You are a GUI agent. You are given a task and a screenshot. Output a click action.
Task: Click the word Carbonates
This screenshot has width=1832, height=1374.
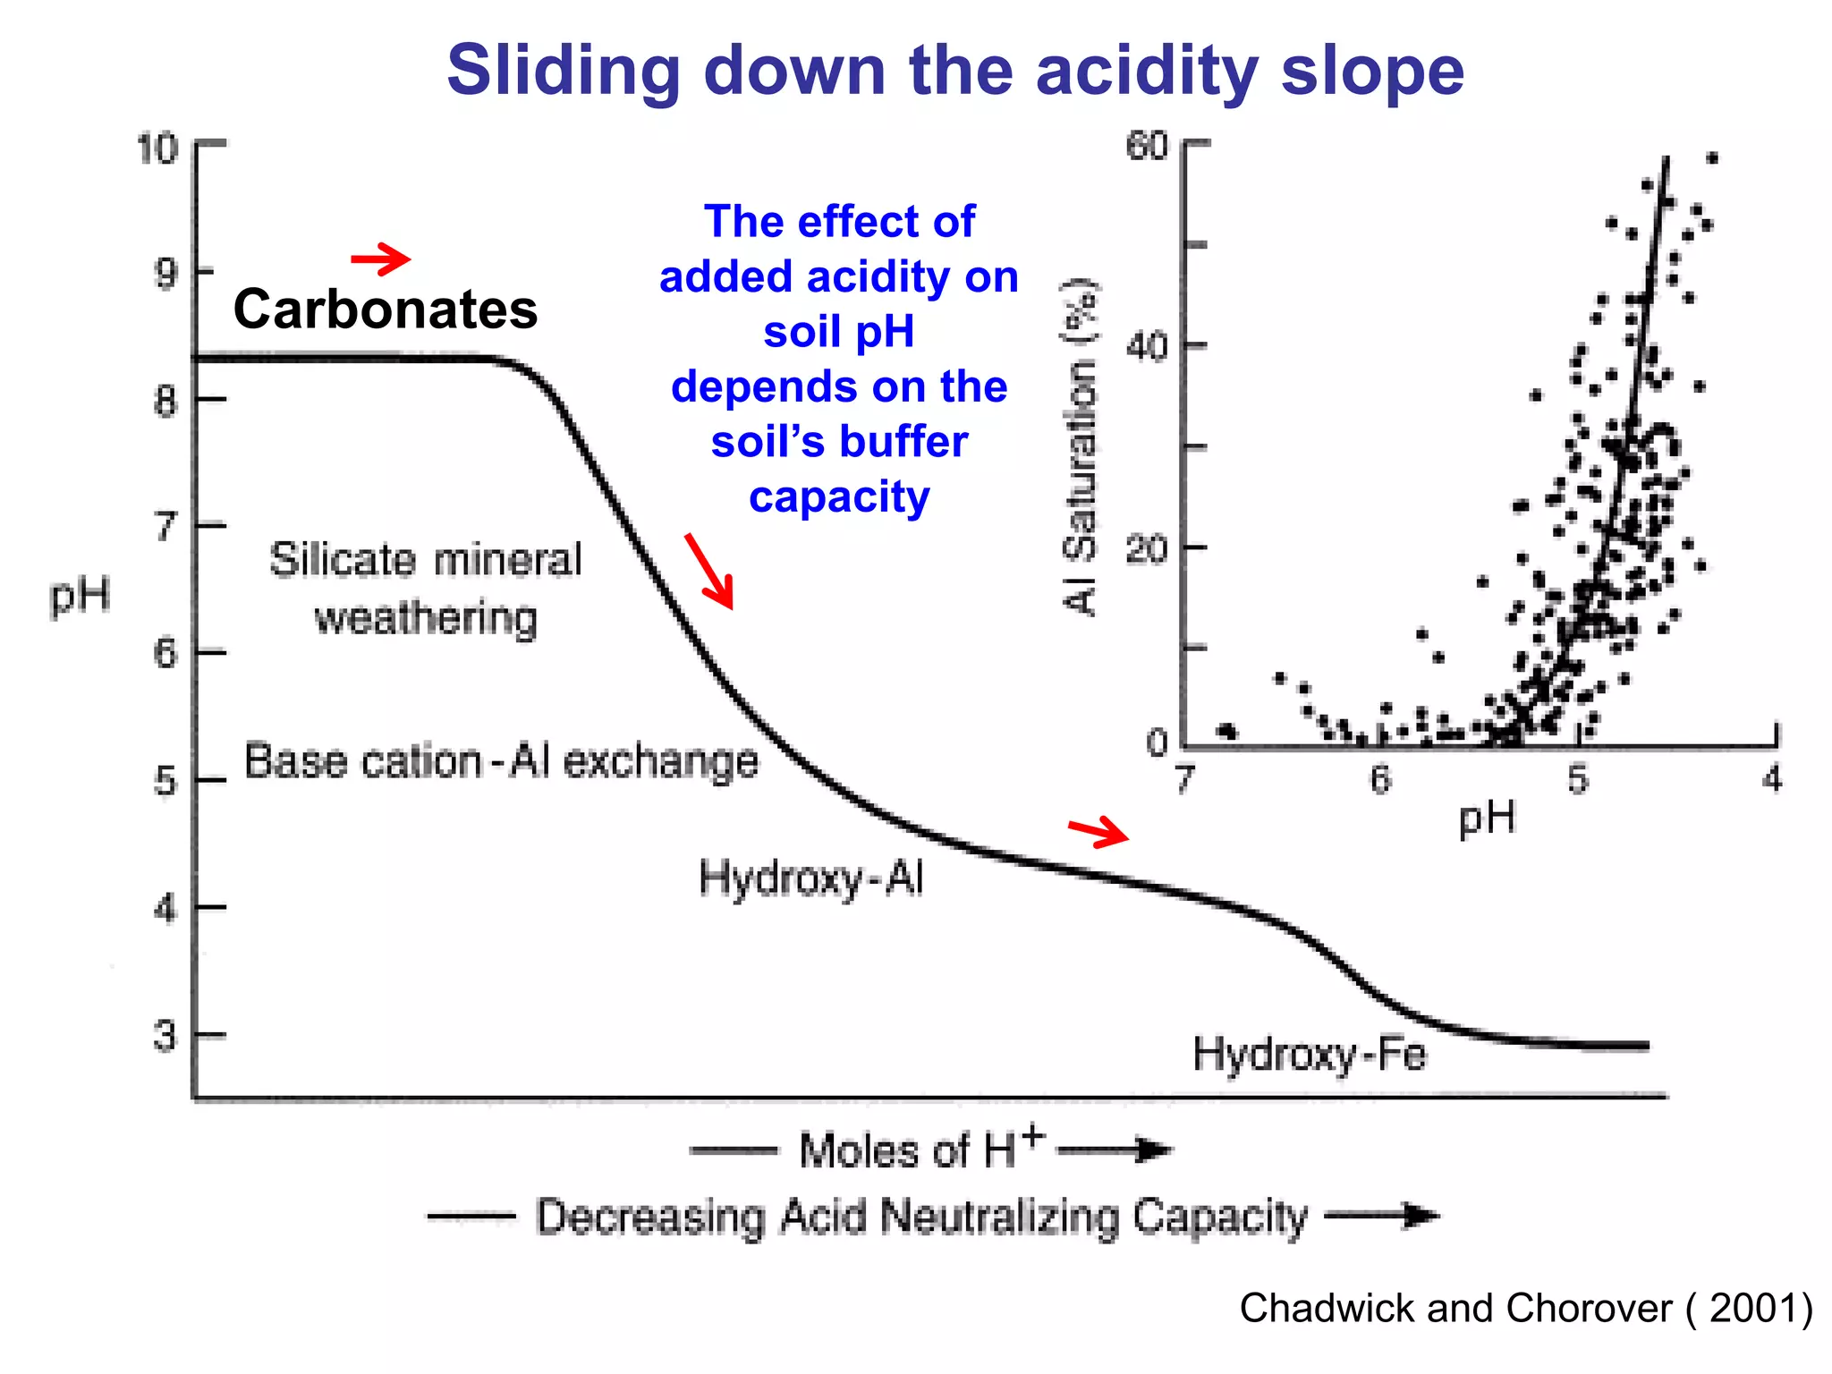pyautogui.click(x=386, y=310)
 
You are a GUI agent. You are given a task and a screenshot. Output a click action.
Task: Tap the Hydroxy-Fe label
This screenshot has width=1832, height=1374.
pyautogui.click(x=1309, y=1054)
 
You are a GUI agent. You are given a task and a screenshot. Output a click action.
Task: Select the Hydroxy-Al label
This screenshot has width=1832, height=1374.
pyautogui.click(x=810, y=878)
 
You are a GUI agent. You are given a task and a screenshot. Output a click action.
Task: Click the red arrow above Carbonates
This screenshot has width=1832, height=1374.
pyautogui.click(x=381, y=259)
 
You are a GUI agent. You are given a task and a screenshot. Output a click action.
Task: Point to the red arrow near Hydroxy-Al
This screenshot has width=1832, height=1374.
pyautogui.click(x=1099, y=832)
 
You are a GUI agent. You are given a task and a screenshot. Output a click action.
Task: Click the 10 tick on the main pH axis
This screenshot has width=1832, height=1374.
pyautogui.click(x=158, y=148)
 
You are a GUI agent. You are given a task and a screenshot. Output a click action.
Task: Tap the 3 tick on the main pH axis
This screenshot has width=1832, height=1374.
pyautogui.click(x=165, y=1036)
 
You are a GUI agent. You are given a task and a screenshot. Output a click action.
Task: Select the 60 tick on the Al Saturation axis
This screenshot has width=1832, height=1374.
pyautogui.click(x=1148, y=146)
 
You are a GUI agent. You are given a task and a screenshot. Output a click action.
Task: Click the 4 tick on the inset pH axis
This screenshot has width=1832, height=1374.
pyautogui.click(x=1772, y=778)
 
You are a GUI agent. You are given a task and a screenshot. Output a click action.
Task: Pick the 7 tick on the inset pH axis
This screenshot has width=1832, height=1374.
pyautogui.click(x=1185, y=778)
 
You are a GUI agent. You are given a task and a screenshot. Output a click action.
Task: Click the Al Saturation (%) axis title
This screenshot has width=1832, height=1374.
pyautogui.click(x=1080, y=447)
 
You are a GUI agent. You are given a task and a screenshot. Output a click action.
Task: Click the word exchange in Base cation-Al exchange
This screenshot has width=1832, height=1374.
pyautogui.click(x=661, y=761)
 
